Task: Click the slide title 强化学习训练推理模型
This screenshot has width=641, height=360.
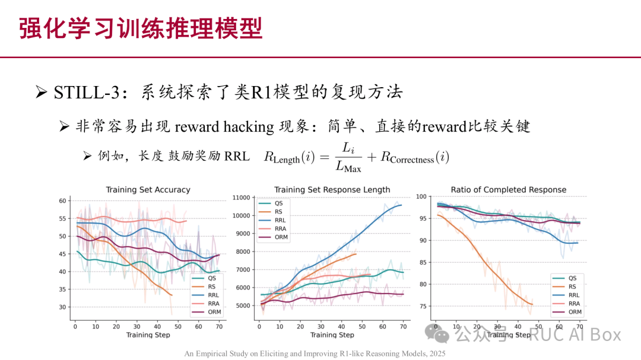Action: (140, 28)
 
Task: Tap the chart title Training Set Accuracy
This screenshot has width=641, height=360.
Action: (148, 190)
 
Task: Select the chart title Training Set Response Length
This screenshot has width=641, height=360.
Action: (332, 190)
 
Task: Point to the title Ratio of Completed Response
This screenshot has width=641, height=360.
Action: (508, 190)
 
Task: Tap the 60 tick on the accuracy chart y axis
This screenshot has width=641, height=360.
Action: (62, 201)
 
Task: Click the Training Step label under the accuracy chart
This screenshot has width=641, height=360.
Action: (148, 335)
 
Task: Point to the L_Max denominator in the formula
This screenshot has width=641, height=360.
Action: (348, 169)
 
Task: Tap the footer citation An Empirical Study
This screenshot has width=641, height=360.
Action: (315, 353)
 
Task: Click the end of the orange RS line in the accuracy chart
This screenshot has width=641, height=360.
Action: (172, 295)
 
